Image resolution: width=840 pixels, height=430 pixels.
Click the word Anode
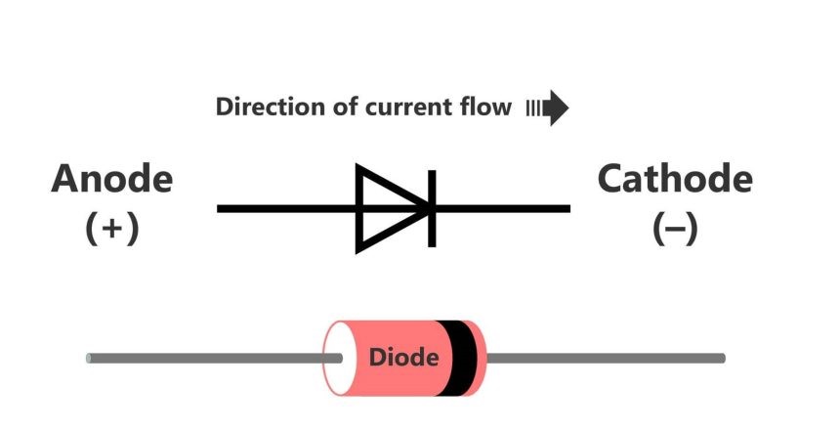click(112, 179)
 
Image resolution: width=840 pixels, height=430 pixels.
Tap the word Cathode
click(675, 179)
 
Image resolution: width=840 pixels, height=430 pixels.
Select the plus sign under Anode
click(112, 229)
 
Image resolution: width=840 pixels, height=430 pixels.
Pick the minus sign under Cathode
click(676, 229)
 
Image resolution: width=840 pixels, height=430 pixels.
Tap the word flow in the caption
click(485, 107)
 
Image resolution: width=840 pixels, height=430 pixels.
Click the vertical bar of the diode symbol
click(432, 208)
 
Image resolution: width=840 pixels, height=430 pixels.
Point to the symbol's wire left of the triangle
click(286, 208)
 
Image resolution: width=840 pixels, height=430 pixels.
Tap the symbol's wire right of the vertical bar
click(503, 208)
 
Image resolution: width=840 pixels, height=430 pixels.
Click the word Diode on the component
click(404, 358)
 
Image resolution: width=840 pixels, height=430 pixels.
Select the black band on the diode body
click(457, 358)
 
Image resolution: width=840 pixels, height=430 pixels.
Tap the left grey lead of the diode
click(214, 358)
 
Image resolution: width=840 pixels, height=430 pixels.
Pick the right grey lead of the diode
click(606, 358)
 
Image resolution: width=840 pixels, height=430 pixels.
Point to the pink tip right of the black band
click(481, 358)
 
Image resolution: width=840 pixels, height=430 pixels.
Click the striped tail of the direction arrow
click(533, 108)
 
